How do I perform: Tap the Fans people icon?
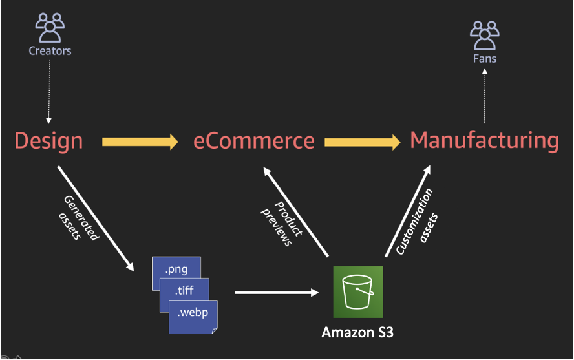tap(484, 36)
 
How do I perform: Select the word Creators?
tap(50, 50)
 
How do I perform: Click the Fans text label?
tap(484, 59)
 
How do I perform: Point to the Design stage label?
tap(48, 140)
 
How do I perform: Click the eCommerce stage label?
tap(254, 141)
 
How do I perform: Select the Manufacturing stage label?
tap(484, 140)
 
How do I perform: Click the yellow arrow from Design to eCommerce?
tap(140, 142)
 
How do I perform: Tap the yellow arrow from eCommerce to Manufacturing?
tap(362, 142)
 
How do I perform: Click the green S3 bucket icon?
tap(357, 291)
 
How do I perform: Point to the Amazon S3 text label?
tap(357, 333)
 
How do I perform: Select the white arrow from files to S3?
tap(277, 293)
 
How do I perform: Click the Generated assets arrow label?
tap(79, 218)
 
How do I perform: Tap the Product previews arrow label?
tap(281, 223)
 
